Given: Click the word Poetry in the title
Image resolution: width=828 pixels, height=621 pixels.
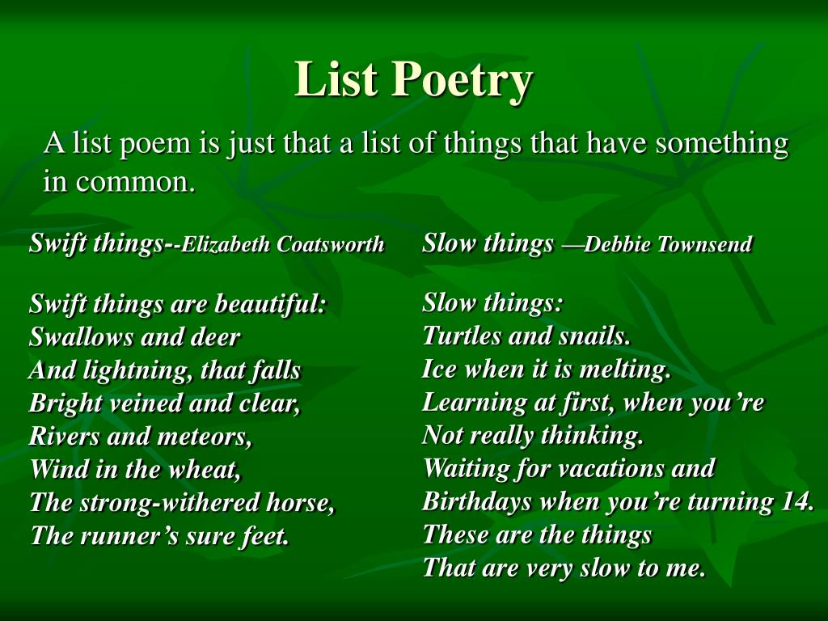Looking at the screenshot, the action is (462, 80).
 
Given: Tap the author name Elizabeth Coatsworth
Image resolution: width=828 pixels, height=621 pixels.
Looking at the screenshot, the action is (282, 244).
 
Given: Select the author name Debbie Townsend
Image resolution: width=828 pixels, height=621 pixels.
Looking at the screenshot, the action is (668, 244).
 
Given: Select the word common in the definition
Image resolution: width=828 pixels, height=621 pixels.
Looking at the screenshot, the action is (136, 183).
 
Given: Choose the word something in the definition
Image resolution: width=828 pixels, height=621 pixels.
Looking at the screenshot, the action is (722, 144).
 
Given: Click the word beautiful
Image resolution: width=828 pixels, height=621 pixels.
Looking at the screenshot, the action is (269, 305).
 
